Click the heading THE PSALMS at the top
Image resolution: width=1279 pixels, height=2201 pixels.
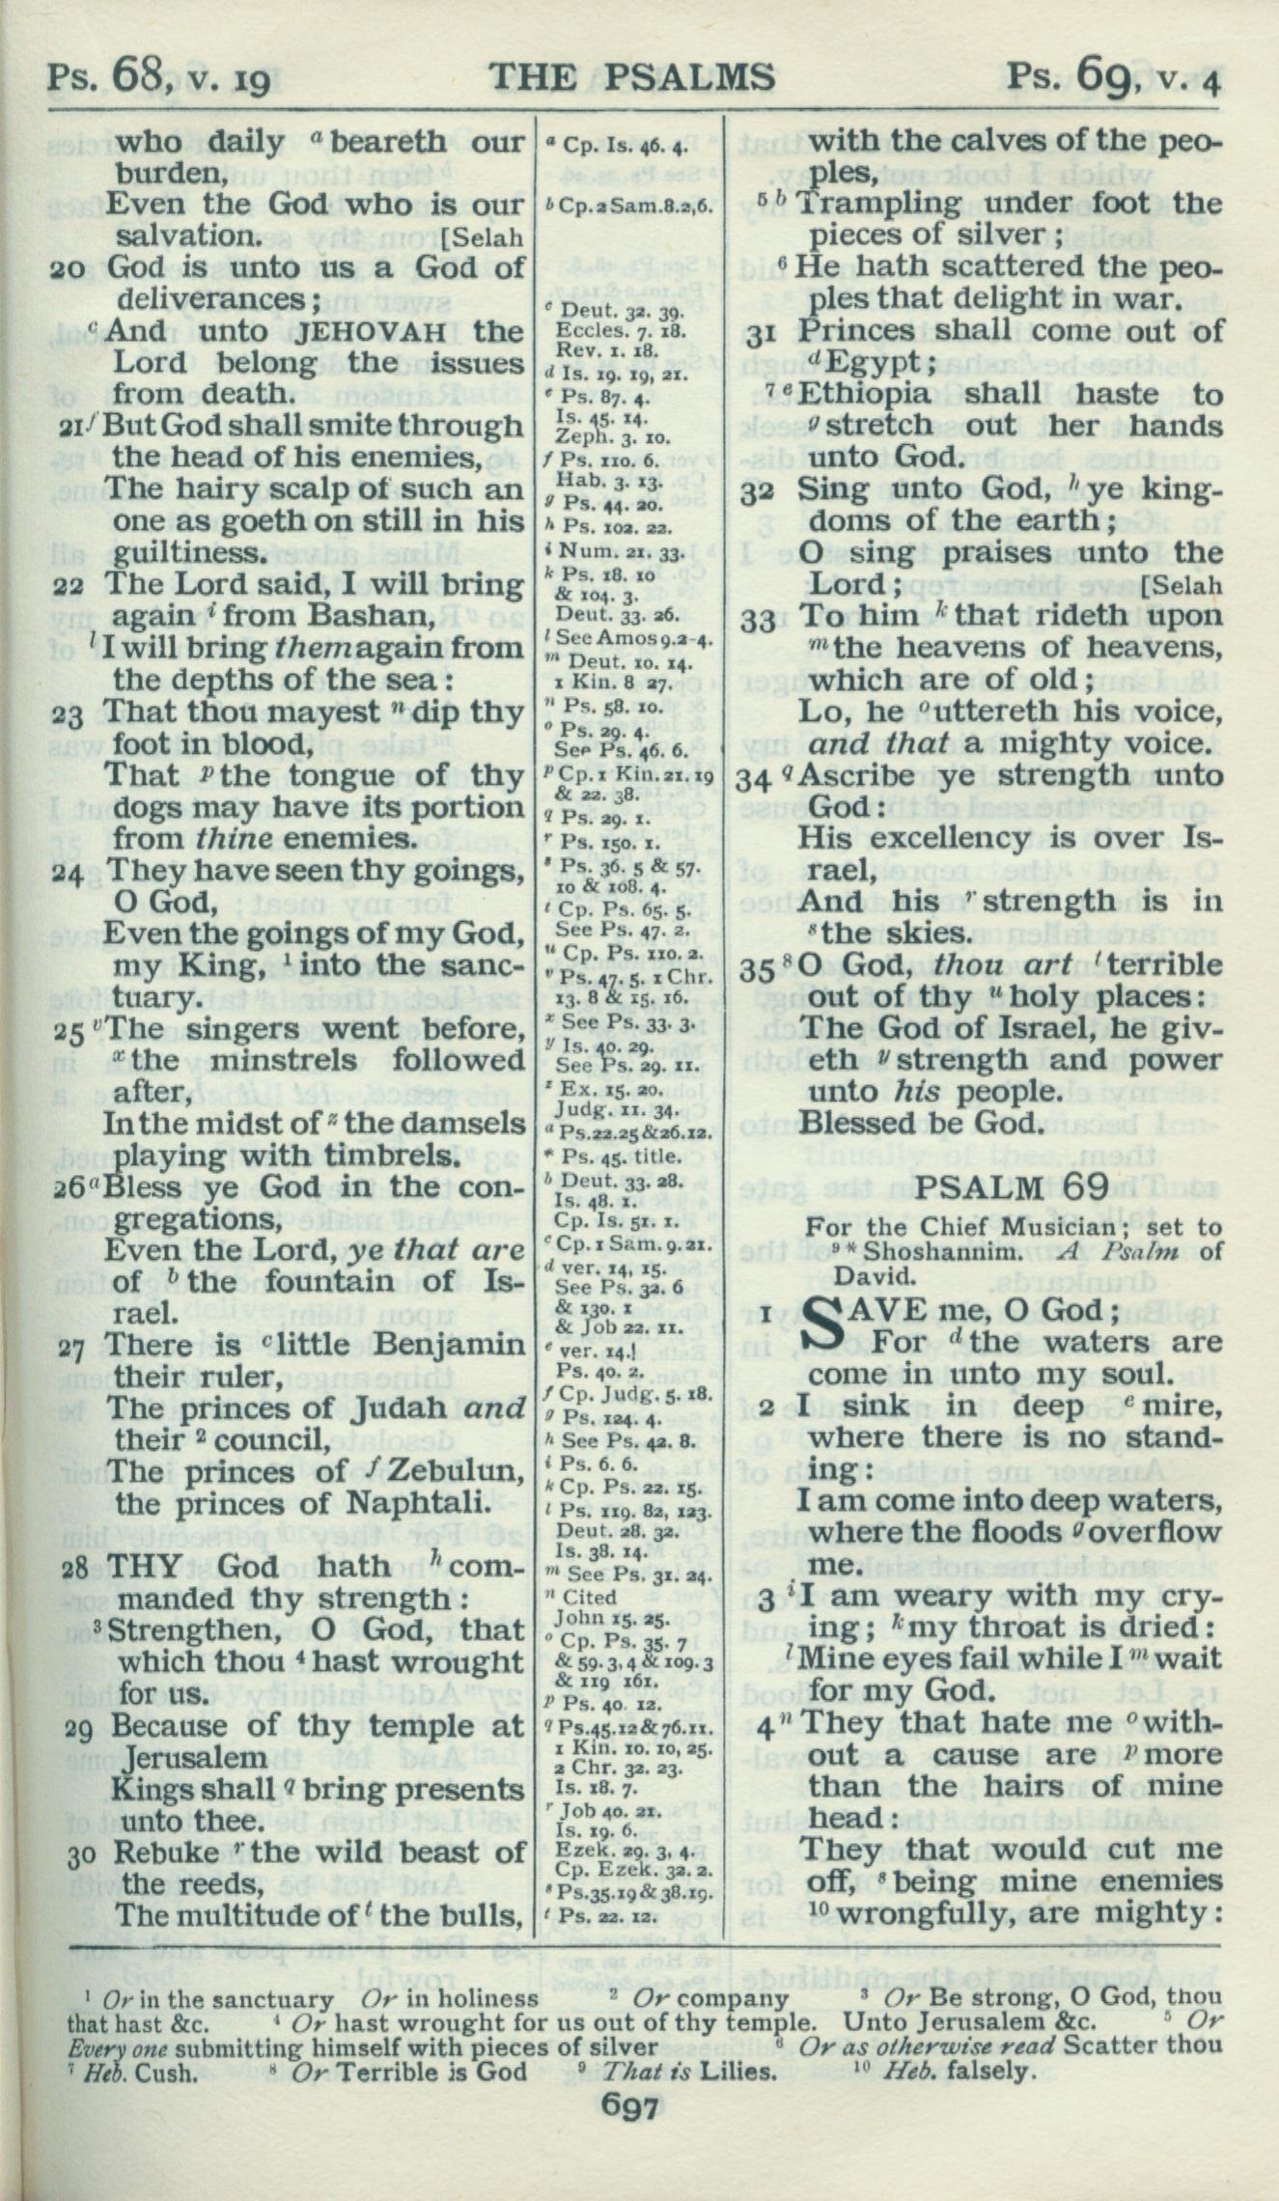coord(632,76)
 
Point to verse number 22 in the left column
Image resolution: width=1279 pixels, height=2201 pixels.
coord(67,585)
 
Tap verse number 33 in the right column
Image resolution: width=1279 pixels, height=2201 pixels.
coord(761,619)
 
